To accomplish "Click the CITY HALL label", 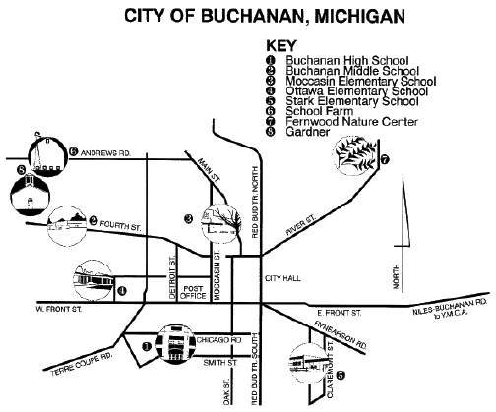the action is point(282,279).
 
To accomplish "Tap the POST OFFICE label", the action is point(193,292).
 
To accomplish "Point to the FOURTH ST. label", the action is point(120,225).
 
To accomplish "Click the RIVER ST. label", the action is point(300,225).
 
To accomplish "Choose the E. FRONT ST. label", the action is point(340,313).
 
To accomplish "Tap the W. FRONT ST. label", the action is point(59,309).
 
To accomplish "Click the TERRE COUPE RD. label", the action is point(82,365).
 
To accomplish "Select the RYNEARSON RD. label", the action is point(341,334).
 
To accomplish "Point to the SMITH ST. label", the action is point(220,363).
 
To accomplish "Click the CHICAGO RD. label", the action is point(219,340).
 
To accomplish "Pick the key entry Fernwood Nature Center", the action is point(351,122).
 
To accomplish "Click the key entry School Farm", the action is point(319,111).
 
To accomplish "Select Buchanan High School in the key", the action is point(347,61).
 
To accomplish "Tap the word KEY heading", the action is point(281,46).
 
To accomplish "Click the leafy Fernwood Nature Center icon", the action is point(355,155).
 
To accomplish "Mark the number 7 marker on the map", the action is point(385,160).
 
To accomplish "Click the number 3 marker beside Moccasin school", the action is point(188,218).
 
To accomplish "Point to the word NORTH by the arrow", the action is point(396,277).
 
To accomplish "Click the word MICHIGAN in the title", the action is point(360,16).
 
